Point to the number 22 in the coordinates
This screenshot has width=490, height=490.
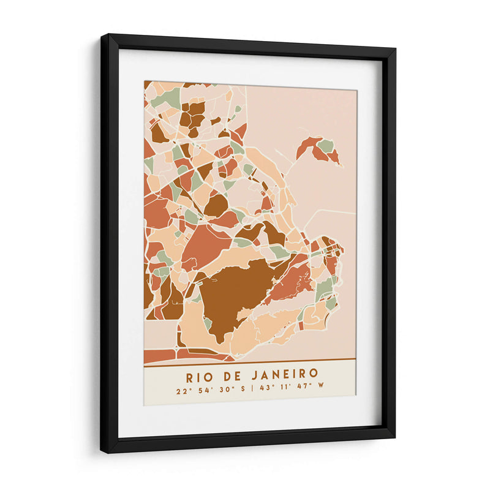(180, 390)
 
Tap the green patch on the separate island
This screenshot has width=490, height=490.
(326, 146)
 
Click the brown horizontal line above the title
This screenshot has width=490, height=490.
(250, 361)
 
